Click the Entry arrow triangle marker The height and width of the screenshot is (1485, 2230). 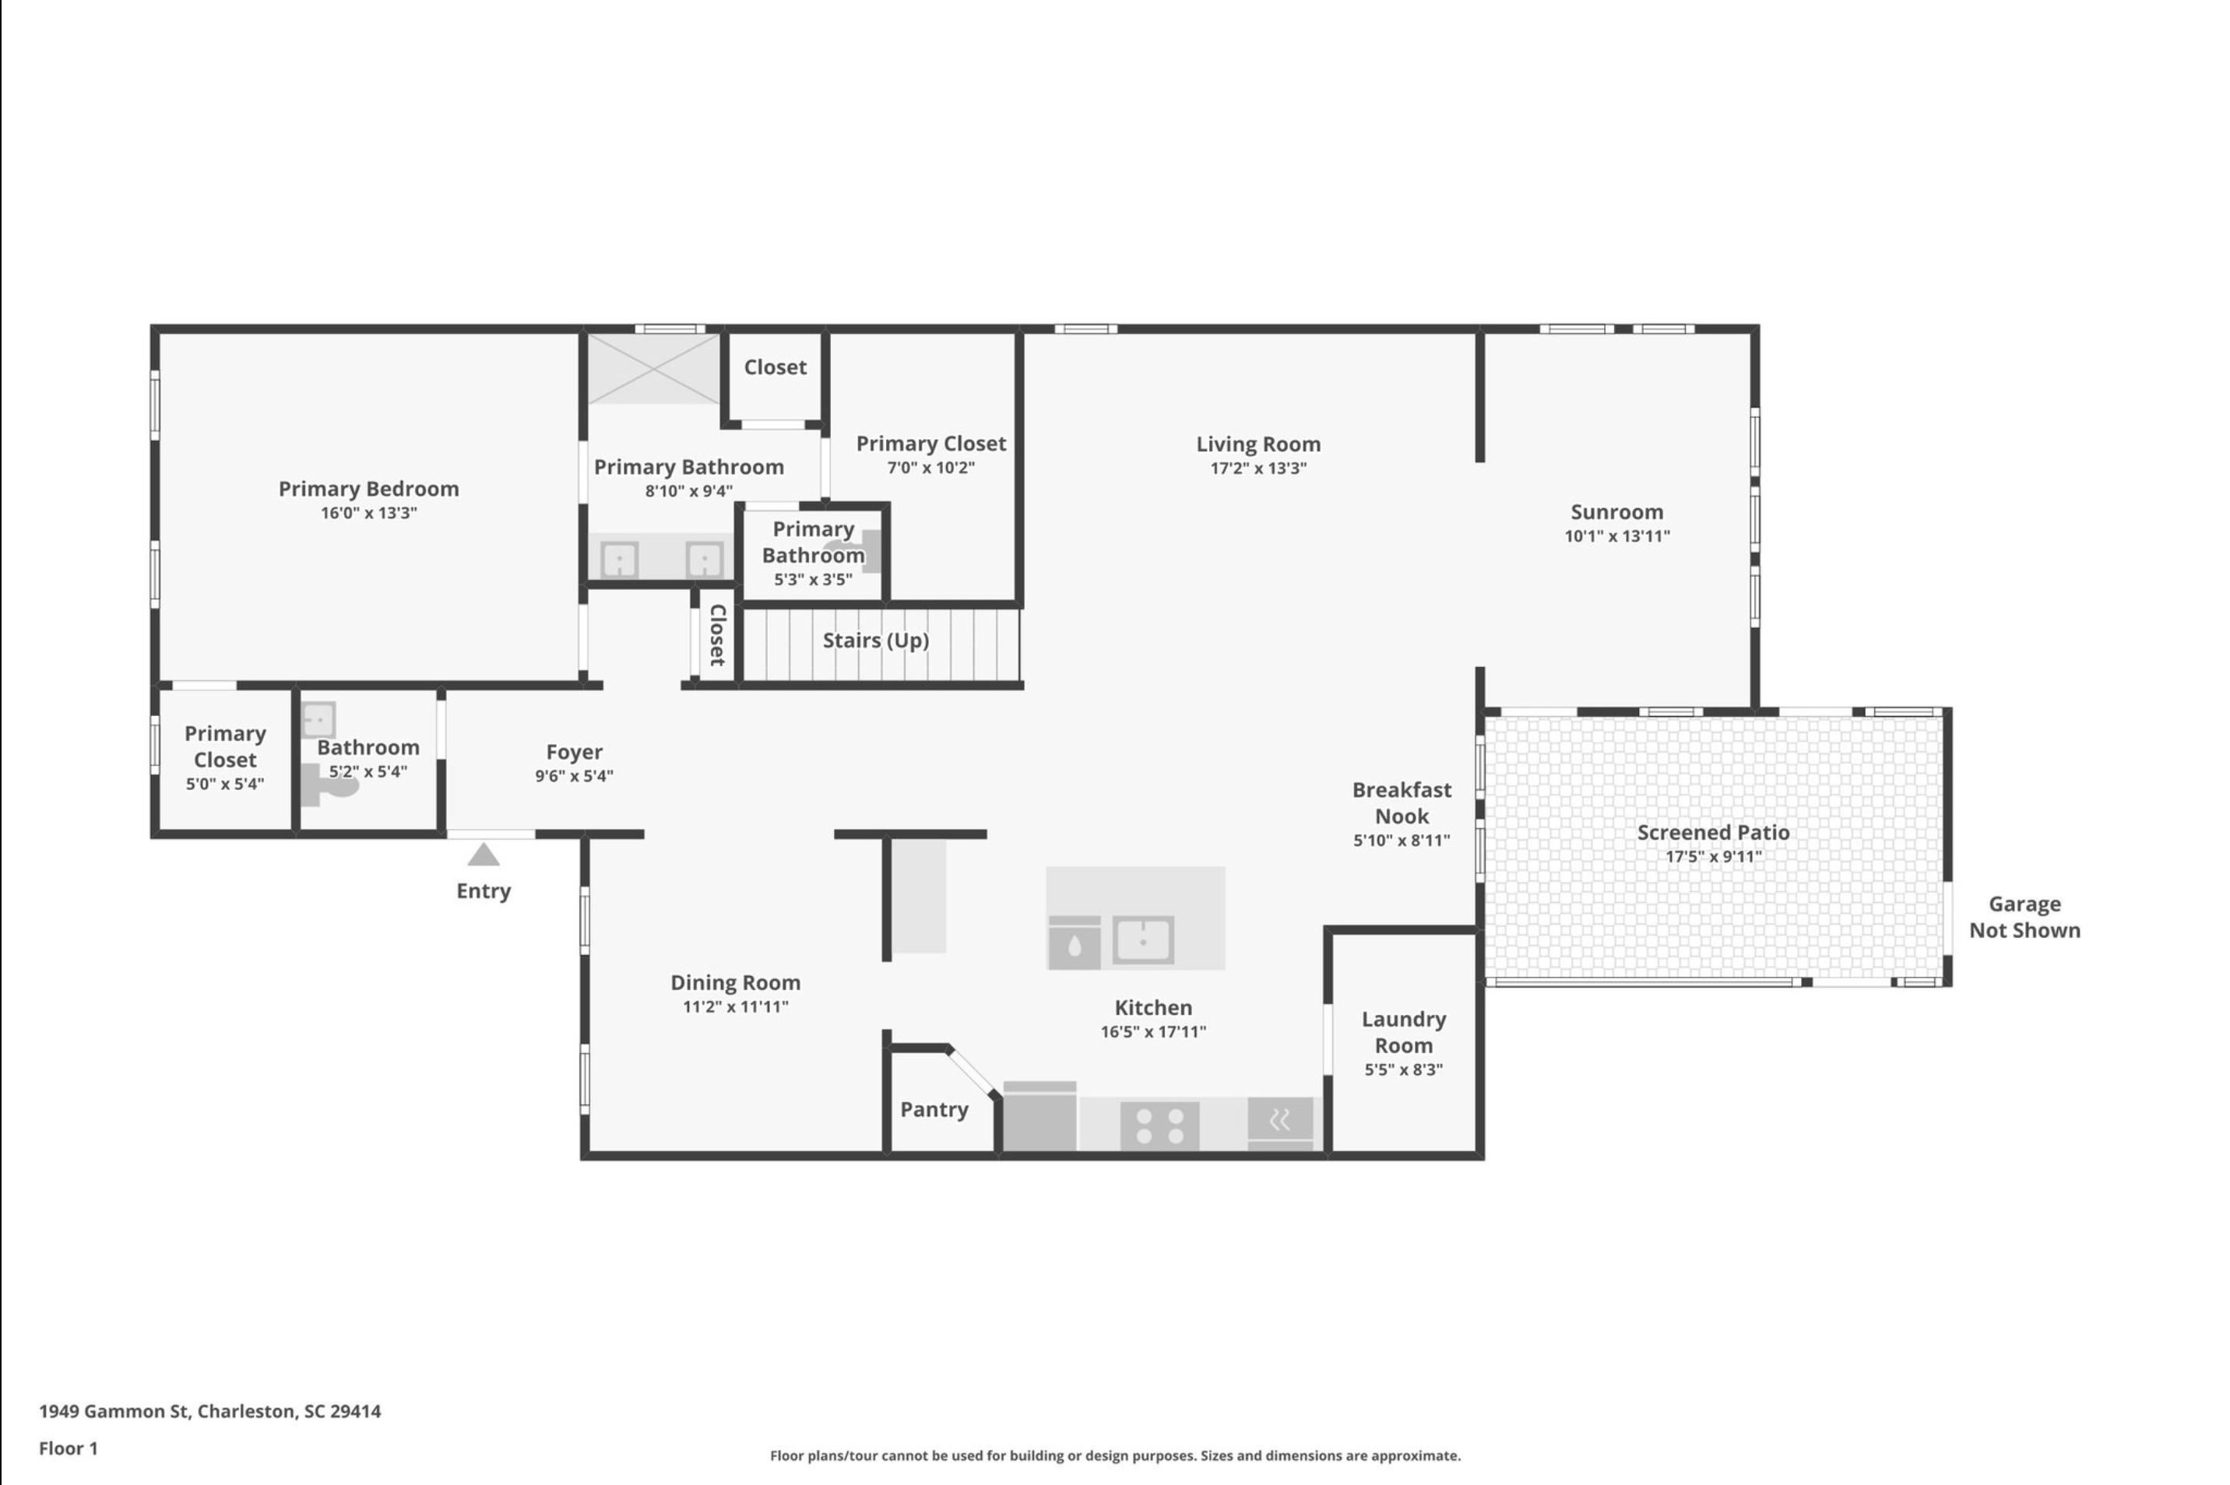coord(483,855)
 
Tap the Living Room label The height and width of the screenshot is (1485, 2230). coord(1258,444)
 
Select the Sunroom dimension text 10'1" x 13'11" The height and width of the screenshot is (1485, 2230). coord(1616,536)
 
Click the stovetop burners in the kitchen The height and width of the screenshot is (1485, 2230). coord(1159,1126)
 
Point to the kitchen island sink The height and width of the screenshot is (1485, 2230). coord(1143,940)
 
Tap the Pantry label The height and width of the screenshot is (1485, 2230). coord(934,1110)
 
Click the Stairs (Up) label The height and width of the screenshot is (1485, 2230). coord(875,641)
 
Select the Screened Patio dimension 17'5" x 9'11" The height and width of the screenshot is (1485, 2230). coord(1714,857)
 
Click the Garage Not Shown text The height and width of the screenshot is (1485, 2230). coord(2024,917)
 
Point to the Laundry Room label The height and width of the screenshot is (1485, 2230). coord(1404,1032)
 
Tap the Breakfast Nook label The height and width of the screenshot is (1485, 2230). coord(1402,803)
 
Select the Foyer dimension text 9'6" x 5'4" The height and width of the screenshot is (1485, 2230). coord(574,777)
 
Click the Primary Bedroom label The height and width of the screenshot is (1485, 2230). coord(368,490)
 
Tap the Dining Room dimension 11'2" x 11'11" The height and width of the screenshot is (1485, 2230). coord(735,1006)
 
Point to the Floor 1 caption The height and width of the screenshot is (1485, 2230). coord(69,1448)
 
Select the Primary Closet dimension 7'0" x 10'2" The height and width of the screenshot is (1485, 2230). coord(930,468)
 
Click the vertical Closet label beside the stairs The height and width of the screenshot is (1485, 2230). coord(717,634)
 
